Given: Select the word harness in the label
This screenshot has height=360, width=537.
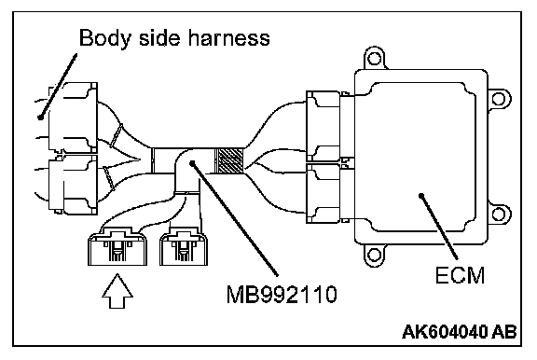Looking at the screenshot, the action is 228,37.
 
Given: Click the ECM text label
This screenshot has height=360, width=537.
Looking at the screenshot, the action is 460,275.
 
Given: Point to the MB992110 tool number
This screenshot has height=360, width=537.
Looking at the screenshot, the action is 282,294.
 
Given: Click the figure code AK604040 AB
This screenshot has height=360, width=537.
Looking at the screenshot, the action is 459,332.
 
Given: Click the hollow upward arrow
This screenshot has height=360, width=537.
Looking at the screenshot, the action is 117,291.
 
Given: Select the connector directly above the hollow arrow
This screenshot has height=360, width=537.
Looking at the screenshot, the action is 117,246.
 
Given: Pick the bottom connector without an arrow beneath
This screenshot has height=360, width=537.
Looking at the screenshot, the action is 184,247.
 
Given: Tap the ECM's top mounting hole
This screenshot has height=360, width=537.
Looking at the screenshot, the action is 375,58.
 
